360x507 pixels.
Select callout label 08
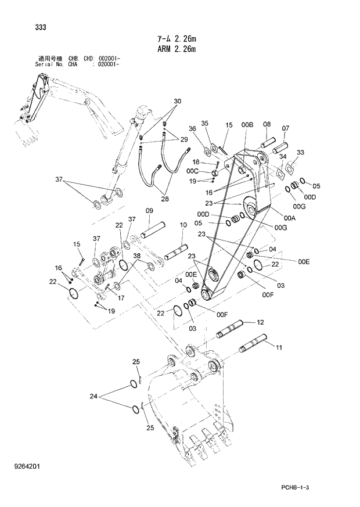coord(267,124)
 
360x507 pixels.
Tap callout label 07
coord(286,128)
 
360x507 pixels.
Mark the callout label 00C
coord(193,171)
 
